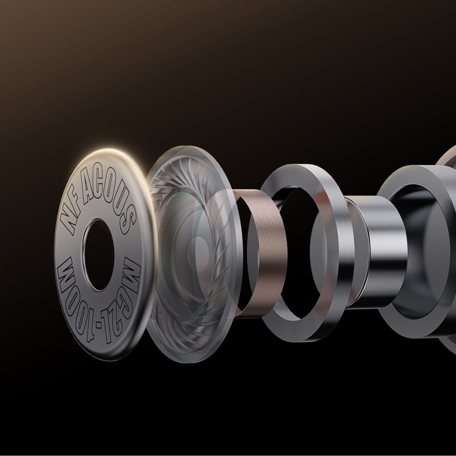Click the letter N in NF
pos(67,221)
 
